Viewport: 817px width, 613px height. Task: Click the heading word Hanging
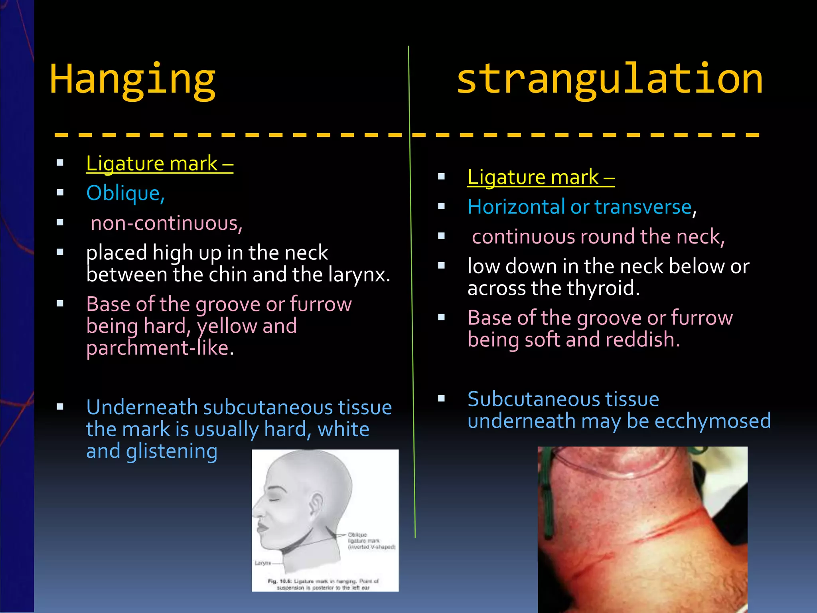pos(132,80)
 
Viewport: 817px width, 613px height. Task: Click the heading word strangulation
pos(610,79)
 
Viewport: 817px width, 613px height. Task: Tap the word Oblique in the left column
pos(124,194)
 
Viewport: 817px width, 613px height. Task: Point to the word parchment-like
pos(158,348)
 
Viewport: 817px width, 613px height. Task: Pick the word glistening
pos(172,451)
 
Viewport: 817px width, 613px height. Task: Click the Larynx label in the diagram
pos(263,563)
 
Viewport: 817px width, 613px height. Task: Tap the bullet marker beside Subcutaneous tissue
pos(441,398)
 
